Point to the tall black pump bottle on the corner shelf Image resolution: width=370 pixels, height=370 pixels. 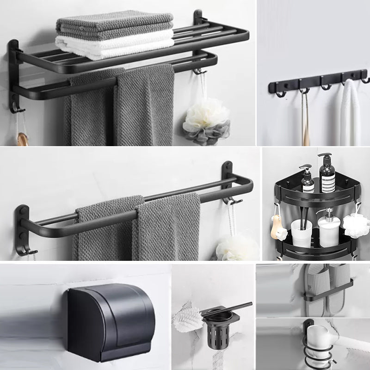(x=327, y=173)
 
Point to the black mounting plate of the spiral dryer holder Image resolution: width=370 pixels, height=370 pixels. (x=307, y=328)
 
